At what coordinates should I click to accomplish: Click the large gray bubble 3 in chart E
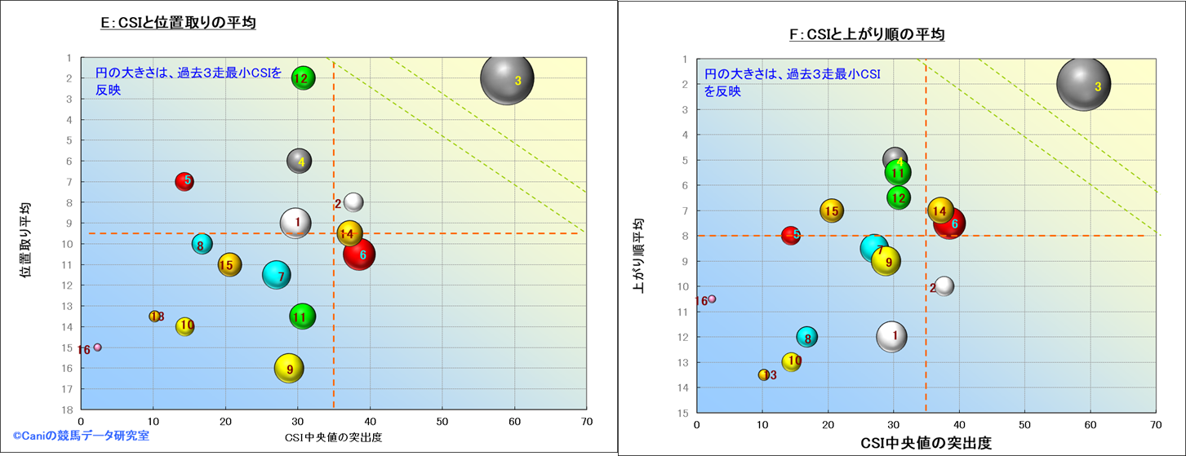pyautogui.click(x=507, y=78)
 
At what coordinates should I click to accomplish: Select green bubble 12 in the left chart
pyautogui.click(x=303, y=78)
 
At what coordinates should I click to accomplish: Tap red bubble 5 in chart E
pyautogui.click(x=184, y=180)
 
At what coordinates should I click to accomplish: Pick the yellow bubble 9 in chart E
pyautogui.click(x=288, y=369)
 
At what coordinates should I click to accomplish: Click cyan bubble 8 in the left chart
pyautogui.click(x=202, y=243)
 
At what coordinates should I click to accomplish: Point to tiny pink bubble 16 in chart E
pyautogui.click(x=98, y=347)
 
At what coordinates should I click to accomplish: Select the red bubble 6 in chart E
pyautogui.click(x=359, y=255)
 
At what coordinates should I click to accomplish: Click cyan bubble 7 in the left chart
pyautogui.click(x=278, y=276)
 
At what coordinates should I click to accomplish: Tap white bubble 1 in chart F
pyautogui.click(x=892, y=336)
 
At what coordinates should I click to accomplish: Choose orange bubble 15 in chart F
pyautogui.click(x=831, y=210)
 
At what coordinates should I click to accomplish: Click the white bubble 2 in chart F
pyautogui.click(x=944, y=286)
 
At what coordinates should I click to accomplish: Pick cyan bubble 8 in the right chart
pyautogui.click(x=807, y=337)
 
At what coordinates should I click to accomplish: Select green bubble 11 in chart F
pyautogui.click(x=897, y=172)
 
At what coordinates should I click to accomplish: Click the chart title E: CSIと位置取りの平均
pyautogui.click(x=178, y=24)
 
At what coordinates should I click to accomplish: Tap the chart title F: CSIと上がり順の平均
pyautogui.click(x=865, y=34)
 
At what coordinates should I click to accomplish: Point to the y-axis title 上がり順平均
pyautogui.click(x=639, y=255)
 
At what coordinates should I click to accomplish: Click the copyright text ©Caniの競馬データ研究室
pyautogui.click(x=80, y=436)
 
